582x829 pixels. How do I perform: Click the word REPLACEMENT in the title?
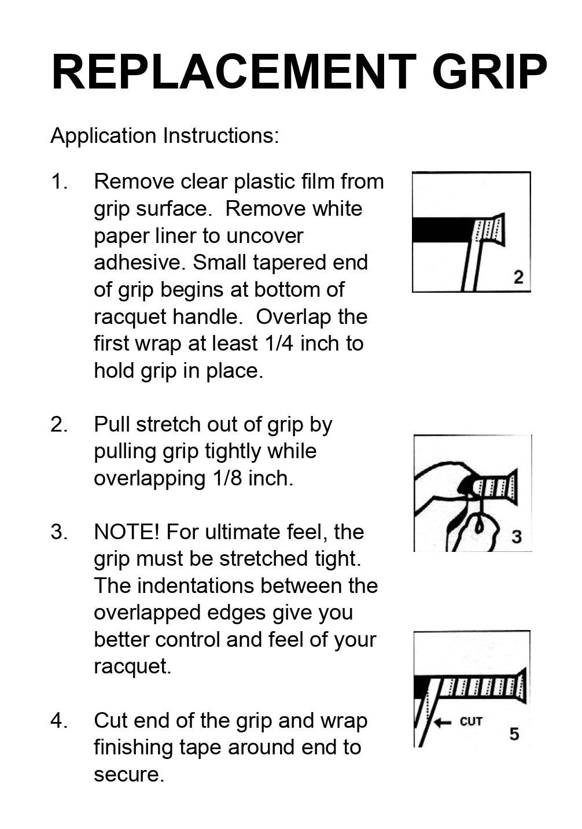pos(234,72)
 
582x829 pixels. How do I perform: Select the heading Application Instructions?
pos(165,136)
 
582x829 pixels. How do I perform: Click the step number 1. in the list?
pos(60,182)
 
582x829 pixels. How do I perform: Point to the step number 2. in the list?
pos(60,425)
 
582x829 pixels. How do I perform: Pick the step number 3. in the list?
pos(60,532)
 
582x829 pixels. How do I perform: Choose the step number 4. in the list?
pos(60,721)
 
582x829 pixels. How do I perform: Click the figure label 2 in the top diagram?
pos(518,277)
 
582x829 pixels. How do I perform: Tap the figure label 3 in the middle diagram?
pos(516,537)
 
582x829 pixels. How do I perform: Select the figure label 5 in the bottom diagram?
pos(514,734)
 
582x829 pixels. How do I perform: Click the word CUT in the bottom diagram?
pos(471,721)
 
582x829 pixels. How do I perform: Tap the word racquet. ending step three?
pos(132,667)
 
